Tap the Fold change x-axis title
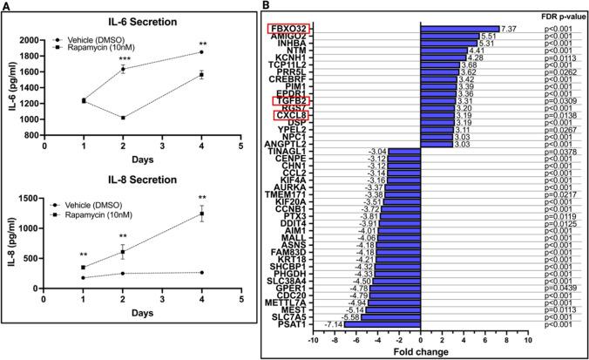click(421, 352)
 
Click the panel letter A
click(6, 6)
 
